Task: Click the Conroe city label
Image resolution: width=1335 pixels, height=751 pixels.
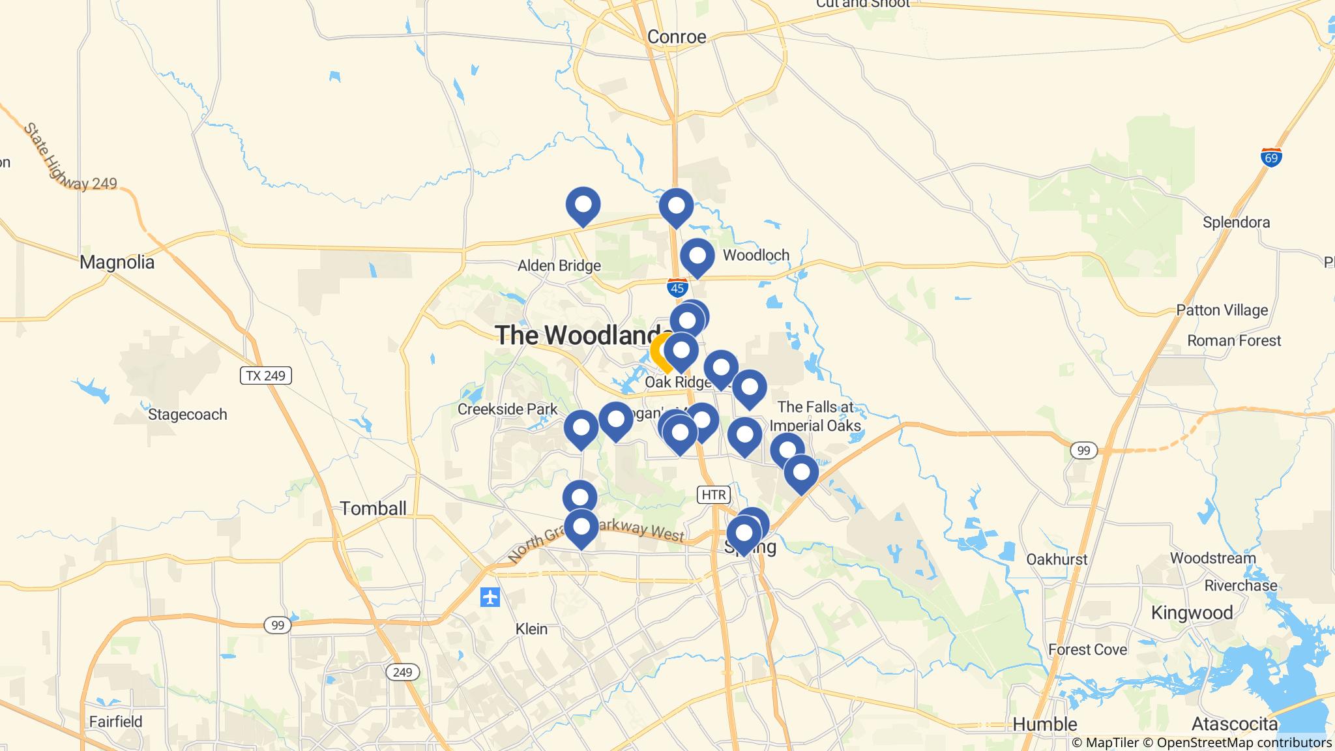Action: [x=677, y=37]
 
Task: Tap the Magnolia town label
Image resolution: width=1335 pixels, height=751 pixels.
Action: [x=117, y=263]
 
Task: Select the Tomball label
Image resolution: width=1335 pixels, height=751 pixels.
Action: [x=374, y=508]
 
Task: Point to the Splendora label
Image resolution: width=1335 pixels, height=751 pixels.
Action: [x=1236, y=222]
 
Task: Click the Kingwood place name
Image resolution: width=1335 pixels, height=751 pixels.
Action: [x=1192, y=613]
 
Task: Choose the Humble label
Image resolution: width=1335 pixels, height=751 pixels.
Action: [x=1044, y=724]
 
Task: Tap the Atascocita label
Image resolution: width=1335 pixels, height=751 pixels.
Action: [x=1235, y=724]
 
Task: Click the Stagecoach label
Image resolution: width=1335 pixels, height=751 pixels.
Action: [x=188, y=415]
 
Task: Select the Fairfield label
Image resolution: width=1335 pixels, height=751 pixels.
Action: [x=116, y=722]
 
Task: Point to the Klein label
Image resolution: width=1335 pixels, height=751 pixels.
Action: [x=531, y=629]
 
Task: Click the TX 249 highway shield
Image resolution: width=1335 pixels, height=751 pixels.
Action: [x=266, y=375]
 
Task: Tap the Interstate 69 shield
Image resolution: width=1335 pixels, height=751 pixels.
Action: [x=1271, y=157]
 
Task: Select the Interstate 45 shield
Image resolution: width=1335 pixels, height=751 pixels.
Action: [x=677, y=287]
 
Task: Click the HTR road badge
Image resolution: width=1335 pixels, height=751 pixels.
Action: [x=713, y=495]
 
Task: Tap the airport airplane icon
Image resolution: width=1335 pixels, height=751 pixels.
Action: [x=490, y=596]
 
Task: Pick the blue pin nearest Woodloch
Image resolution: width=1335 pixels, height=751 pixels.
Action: [x=697, y=256]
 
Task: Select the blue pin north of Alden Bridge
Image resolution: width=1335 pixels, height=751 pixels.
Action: [x=583, y=205]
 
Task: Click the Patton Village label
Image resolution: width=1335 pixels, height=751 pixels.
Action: [x=1222, y=310]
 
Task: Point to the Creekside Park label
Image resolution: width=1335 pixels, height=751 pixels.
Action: [x=507, y=409]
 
